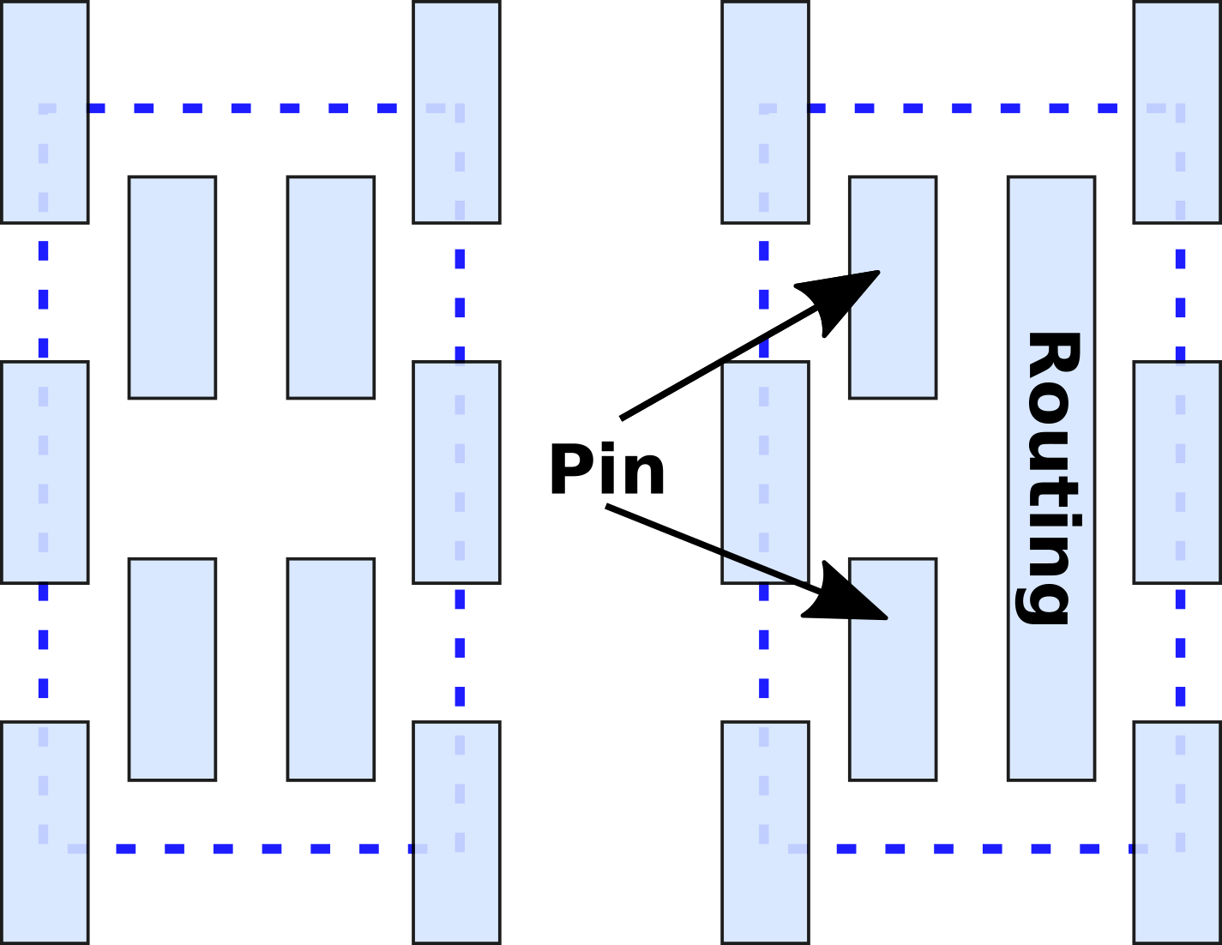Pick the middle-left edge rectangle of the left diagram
[x=45, y=472]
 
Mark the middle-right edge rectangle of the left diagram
[x=456, y=472]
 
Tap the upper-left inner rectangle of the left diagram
[x=172, y=287]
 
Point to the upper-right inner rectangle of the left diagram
[x=330, y=287]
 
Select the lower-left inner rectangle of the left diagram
[x=172, y=669]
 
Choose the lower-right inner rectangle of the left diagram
[x=330, y=669]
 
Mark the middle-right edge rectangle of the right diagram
[x=1177, y=472]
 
